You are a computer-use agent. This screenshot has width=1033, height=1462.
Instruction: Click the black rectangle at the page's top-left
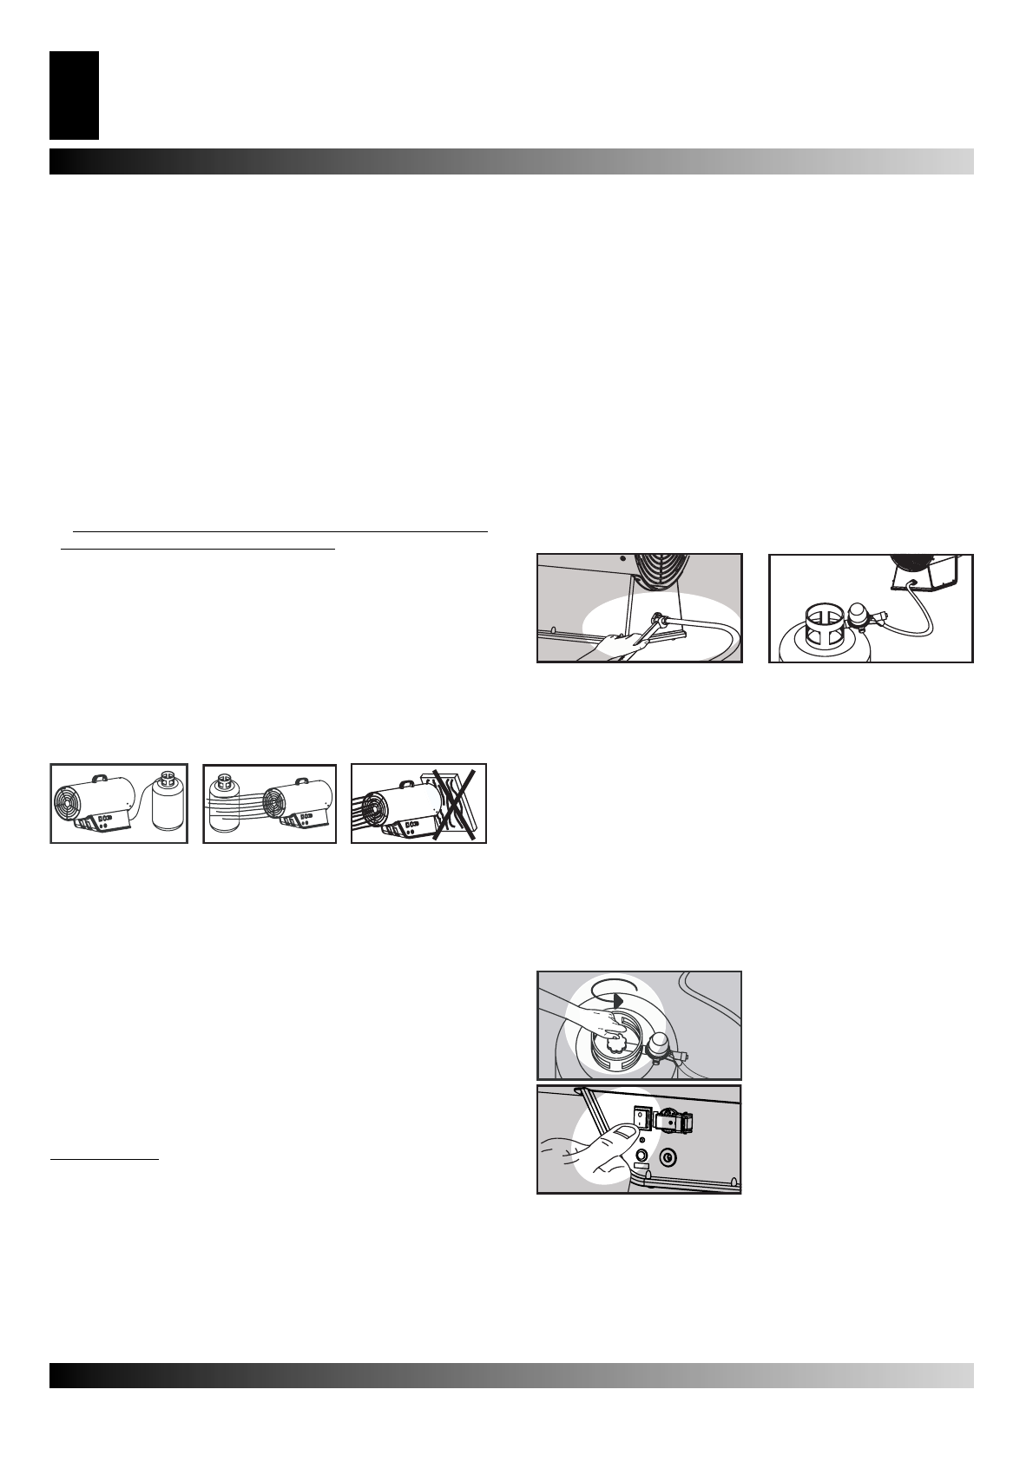[x=74, y=95]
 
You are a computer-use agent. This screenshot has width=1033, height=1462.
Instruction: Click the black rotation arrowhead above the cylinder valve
[x=618, y=1000]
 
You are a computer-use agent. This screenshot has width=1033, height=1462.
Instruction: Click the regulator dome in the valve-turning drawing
[x=661, y=1045]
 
